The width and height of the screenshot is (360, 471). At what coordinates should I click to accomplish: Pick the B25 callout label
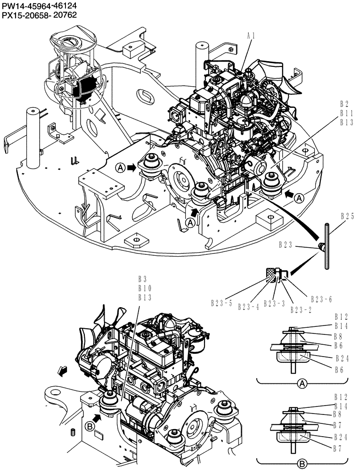347,216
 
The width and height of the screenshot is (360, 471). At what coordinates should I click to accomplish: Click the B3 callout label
143,279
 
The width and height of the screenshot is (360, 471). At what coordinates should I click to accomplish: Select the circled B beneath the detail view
303,464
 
